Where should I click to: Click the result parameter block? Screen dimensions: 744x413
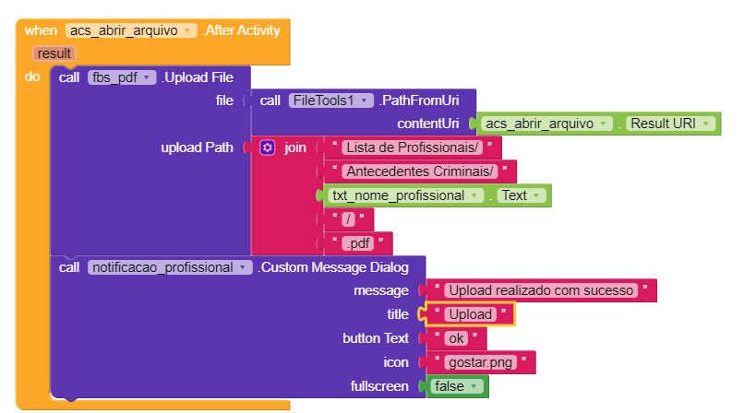point(54,53)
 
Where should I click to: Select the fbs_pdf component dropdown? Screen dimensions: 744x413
point(122,77)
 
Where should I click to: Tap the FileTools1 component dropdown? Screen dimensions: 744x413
point(330,100)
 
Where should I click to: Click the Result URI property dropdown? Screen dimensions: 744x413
point(670,124)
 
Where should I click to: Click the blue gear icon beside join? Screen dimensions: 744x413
point(267,147)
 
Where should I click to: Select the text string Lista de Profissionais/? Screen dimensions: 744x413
point(412,147)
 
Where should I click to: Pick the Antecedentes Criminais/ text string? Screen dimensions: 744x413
point(419,171)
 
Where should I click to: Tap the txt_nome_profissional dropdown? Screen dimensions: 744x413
point(405,195)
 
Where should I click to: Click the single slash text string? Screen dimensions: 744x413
point(348,219)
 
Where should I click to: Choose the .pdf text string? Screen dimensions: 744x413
point(358,243)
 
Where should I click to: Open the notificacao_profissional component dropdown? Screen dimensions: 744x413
point(170,267)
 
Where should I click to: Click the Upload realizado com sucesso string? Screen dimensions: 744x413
point(541,290)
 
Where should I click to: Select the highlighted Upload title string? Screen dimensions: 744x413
point(470,314)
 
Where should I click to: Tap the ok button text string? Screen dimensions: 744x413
point(456,338)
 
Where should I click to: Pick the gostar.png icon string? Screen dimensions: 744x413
point(480,362)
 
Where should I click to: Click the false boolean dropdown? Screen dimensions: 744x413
point(456,386)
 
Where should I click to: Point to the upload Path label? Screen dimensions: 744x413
point(197,147)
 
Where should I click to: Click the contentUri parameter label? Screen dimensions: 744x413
point(428,124)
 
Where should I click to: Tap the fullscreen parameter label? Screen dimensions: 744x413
point(379,386)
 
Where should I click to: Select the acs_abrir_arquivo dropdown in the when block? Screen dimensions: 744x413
point(131,30)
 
